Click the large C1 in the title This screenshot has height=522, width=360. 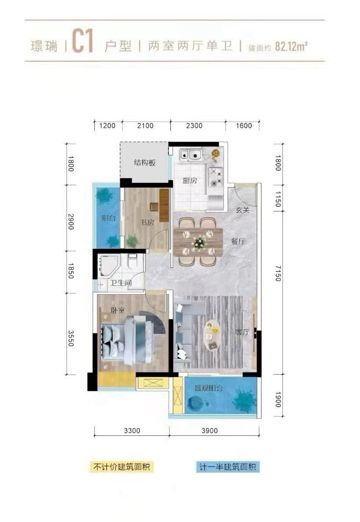click(82, 42)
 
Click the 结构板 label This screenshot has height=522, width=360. click(145, 163)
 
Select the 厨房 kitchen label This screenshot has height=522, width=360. click(190, 181)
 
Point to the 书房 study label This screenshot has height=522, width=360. click(147, 222)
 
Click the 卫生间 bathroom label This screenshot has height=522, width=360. click(121, 283)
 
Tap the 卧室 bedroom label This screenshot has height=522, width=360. click(118, 310)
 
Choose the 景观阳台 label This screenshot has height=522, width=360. click(208, 388)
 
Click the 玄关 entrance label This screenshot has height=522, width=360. click(242, 210)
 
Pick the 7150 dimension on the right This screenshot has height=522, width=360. click(279, 273)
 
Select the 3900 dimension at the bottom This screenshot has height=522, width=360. click(210, 431)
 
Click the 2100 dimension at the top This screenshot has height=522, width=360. click(146, 126)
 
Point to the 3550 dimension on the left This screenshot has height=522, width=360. click(71, 338)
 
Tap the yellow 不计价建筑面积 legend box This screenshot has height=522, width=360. click(122, 466)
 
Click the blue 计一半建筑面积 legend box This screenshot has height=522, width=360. click(227, 466)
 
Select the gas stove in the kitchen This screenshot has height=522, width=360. click(215, 177)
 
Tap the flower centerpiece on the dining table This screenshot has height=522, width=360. click(199, 242)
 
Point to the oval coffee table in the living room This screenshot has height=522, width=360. click(212, 335)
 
